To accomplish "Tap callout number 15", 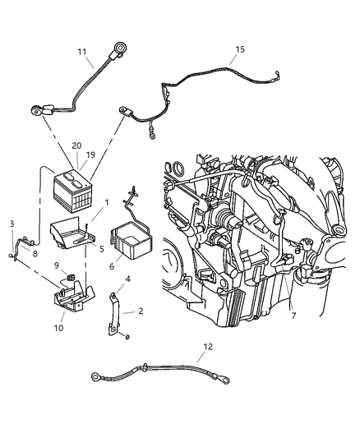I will [x=240, y=49].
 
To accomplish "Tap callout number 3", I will [x=12, y=224].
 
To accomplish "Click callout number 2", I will [x=141, y=311].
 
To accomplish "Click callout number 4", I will [x=127, y=279].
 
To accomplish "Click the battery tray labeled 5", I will [x=74, y=234].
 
